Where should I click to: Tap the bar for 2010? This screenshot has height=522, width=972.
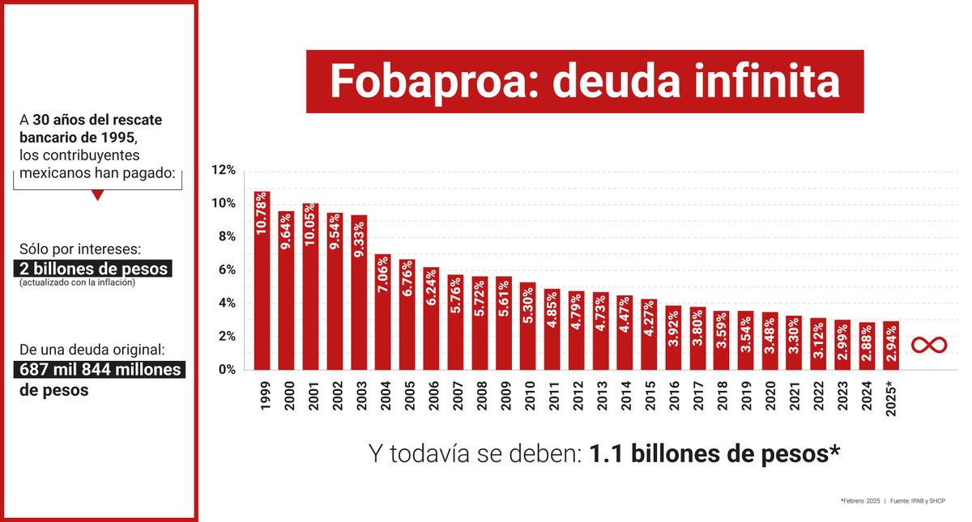click(527, 326)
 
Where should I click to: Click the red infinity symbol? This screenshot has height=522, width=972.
click(929, 346)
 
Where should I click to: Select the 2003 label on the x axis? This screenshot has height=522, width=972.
click(359, 393)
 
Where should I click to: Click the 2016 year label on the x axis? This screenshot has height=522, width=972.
click(672, 393)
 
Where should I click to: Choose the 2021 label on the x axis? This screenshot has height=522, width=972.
click(793, 393)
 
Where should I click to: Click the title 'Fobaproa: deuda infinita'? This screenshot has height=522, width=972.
click(584, 82)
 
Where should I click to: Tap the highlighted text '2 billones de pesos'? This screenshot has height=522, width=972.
click(94, 269)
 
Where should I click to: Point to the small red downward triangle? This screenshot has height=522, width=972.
click(97, 196)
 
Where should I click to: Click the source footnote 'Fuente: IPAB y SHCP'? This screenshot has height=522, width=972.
click(923, 502)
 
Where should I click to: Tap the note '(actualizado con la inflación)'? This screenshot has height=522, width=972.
click(77, 282)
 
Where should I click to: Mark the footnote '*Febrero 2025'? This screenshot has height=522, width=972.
click(860, 502)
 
